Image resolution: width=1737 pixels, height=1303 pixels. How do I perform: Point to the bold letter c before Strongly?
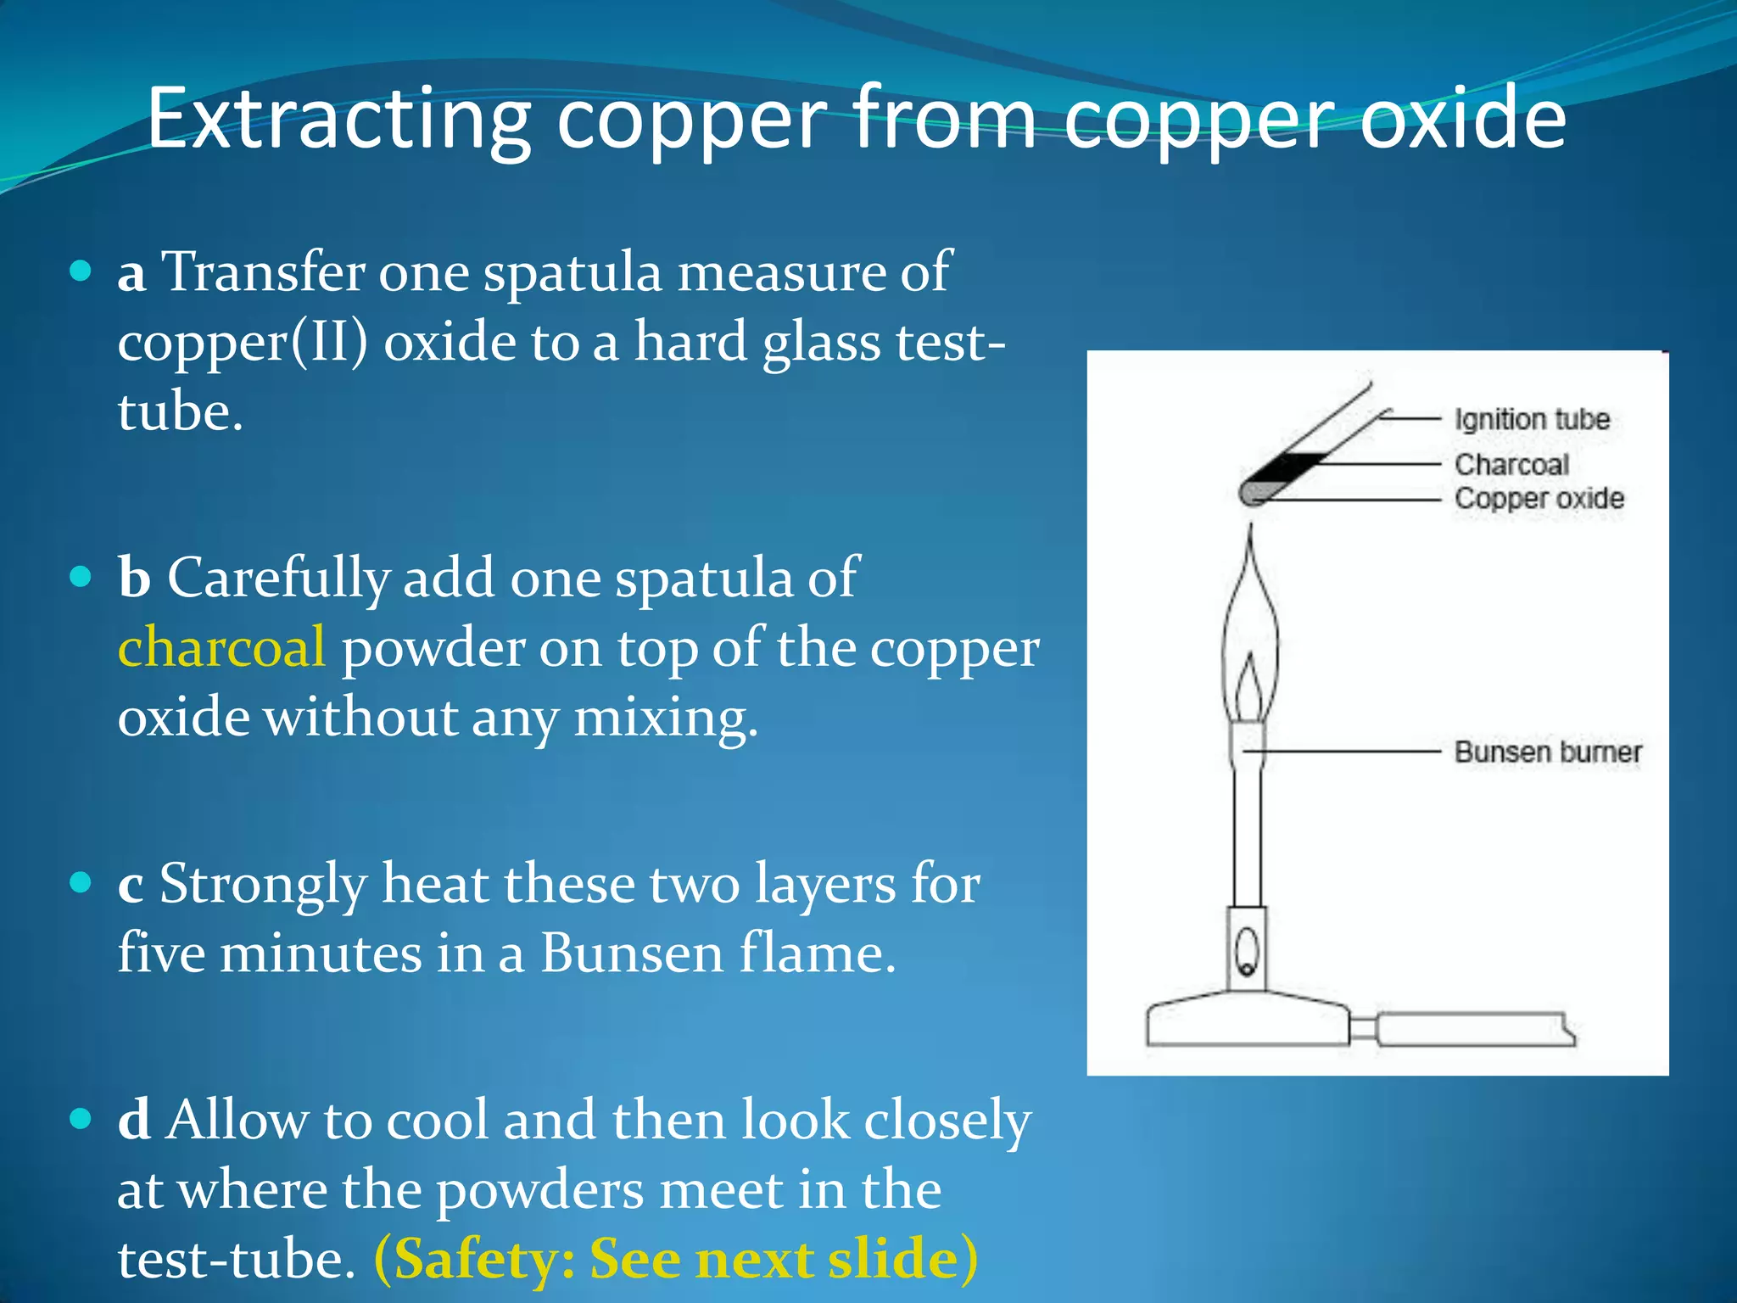(x=130, y=886)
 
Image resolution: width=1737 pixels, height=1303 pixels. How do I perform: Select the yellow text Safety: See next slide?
(x=676, y=1259)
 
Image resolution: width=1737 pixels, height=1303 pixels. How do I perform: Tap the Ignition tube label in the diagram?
(x=1532, y=419)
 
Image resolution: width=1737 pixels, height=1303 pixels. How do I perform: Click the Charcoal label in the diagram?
(x=1511, y=465)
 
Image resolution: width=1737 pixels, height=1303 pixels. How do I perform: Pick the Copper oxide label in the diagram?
(x=1539, y=499)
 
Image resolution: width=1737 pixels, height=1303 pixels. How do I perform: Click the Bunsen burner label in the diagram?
(x=1547, y=752)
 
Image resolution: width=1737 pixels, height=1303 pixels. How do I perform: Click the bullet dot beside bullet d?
(x=81, y=1120)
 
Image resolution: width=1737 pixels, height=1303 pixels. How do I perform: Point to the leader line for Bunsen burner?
(x=1349, y=752)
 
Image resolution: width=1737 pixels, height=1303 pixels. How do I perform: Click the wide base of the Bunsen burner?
(x=1247, y=1022)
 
